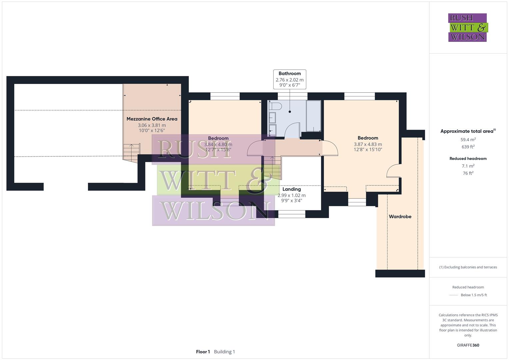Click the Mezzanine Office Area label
152,119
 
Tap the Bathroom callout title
290,74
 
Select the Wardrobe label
400,217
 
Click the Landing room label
292,189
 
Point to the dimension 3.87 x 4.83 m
368,144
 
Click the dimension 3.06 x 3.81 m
152,125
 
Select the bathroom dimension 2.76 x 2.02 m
290,80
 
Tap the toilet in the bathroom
276,106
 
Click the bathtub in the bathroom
313,116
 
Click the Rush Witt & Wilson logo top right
467,28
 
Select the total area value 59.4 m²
468,140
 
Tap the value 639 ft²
468,147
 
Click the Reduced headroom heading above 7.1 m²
468,159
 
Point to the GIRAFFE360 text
468,345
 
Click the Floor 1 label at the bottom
203,352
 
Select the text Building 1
224,352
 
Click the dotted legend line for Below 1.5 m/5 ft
454,295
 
